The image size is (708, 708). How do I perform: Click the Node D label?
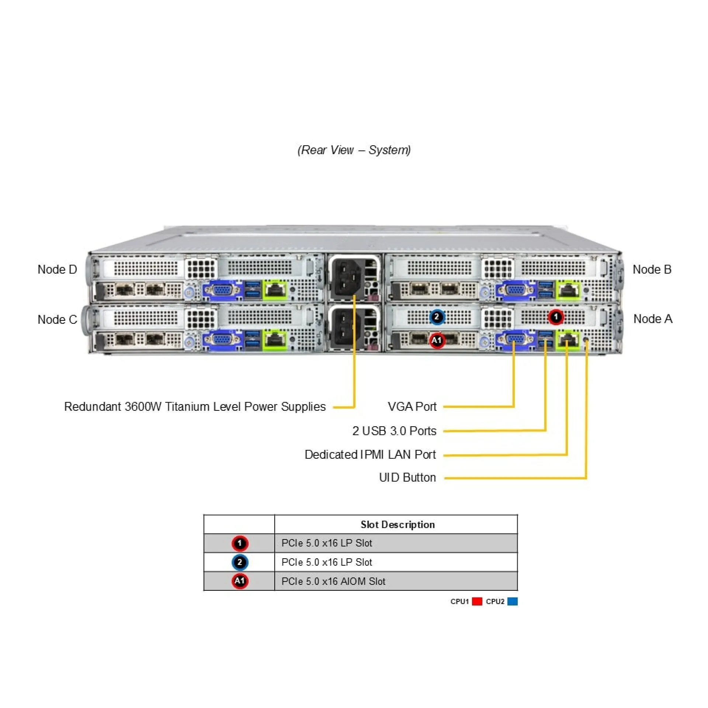click(x=57, y=270)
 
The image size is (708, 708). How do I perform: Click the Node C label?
click(x=57, y=319)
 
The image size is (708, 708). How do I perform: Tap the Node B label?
click(x=652, y=270)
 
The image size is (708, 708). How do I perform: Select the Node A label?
click(x=652, y=319)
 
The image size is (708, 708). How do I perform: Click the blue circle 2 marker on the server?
click(x=437, y=317)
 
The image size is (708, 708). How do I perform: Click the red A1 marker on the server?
click(x=437, y=340)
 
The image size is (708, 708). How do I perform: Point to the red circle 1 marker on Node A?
click(x=555, y=317)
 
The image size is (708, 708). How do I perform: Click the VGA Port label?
click(x=412, y=406)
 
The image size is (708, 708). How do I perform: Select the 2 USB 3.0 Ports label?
click(x=394, y=431)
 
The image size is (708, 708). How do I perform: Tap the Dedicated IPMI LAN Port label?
click(x=370, y=454)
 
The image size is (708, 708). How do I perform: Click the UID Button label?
click(x=407, y=478)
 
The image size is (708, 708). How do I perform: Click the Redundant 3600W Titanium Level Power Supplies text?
click(x=195, y=406)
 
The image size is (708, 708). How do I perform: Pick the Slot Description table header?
click(x=397, y=524)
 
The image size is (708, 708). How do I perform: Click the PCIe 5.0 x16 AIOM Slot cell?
click(x=333, y=582)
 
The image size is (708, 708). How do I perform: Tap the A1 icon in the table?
click(x=240, y=581)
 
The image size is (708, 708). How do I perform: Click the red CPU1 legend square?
click(x=477, y=601)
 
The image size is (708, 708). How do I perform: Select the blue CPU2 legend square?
click(x=512, y=601)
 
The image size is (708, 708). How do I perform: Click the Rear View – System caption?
click(x=354, y=150)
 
